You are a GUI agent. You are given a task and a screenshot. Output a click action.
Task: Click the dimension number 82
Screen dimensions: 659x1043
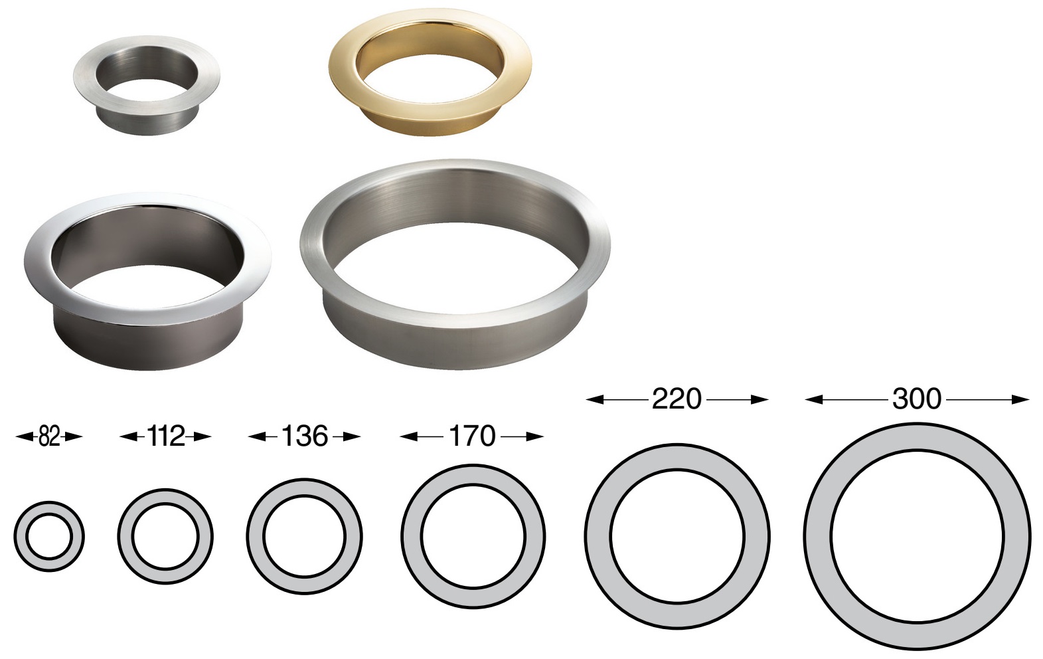[x=49, y=436]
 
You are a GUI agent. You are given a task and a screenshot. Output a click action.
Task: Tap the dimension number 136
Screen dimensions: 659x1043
[x=304, y=436]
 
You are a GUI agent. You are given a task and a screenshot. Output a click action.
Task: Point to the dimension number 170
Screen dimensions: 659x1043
[x=472, y=436]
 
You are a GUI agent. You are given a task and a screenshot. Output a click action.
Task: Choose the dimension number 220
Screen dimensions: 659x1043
[x=676, y=399]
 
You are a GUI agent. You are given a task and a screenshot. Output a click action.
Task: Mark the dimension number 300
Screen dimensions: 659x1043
[x=917, y=399]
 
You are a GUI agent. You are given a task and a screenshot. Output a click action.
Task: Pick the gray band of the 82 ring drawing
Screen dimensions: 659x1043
[x=21, y=536]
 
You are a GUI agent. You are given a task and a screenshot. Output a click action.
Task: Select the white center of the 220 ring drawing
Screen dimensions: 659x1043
[x=677, y=536]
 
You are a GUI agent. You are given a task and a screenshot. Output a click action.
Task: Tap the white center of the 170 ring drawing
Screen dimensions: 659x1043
[x=473, y=536]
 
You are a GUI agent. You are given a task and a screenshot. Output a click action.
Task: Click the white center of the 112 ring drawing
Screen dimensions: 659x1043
[x=165, y=536]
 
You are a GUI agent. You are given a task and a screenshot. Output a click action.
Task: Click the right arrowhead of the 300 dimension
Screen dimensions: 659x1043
[x=1020, y=399]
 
